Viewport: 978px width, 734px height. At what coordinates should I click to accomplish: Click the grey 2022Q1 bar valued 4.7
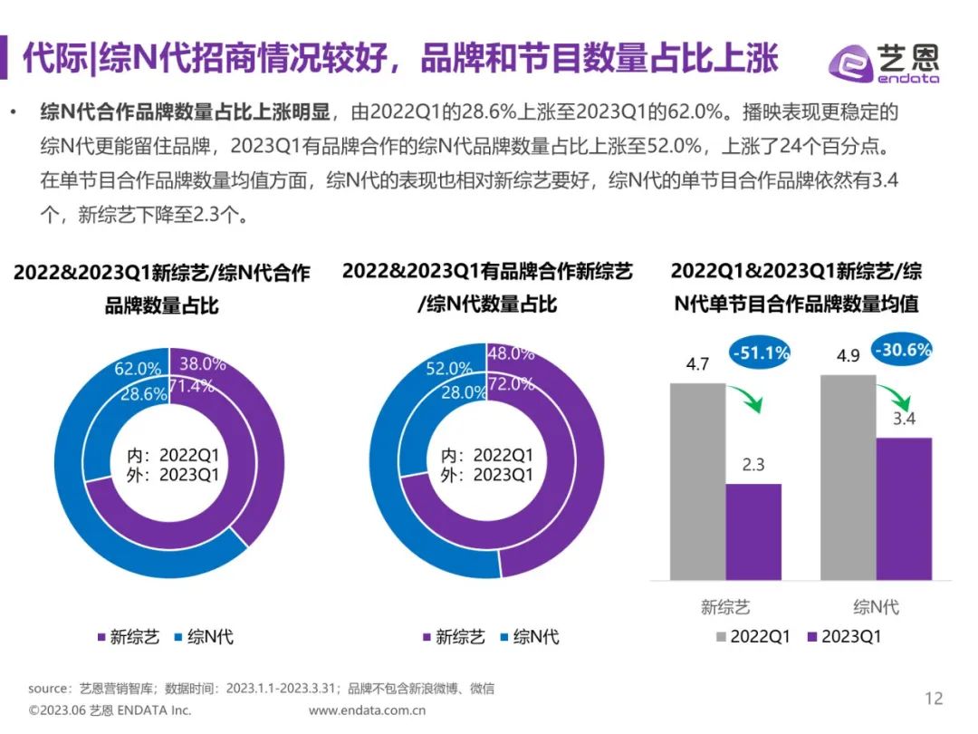(697, 480)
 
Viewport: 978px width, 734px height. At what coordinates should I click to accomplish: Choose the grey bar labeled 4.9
(849, 477)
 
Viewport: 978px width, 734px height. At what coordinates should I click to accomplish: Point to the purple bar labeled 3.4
(904, 508)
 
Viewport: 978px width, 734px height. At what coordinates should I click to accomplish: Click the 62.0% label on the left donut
(139, 369)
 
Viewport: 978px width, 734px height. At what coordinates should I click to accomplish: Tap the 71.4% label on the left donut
(198, 388)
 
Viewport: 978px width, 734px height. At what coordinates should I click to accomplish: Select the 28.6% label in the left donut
(143, 394)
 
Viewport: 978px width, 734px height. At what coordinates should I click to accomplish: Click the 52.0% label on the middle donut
(449, 369)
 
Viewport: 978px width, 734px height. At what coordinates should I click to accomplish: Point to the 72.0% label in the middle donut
(511, 383)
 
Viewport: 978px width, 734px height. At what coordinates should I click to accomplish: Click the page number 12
(933, 698)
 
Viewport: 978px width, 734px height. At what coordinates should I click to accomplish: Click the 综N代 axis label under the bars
(876, 607)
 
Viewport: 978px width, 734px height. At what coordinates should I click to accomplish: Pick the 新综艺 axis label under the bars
(725, 607)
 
